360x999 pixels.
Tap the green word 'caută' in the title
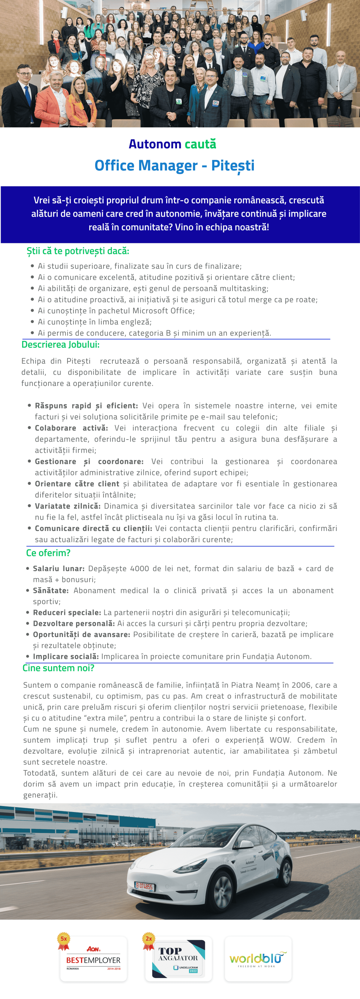[x=200, y=144]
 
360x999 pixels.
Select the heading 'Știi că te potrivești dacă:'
[x=78, y=251]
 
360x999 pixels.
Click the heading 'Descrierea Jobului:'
[x=60, y=344]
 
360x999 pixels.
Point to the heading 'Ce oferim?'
[x=48, y=553]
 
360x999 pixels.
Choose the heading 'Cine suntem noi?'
[x=58, y=668]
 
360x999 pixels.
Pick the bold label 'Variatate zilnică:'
[x=67, y=506]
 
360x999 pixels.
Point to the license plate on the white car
[x=144, y=886]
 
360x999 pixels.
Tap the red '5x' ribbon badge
[x=64, y=941]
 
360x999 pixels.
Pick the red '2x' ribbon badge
[x=148, y=941]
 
